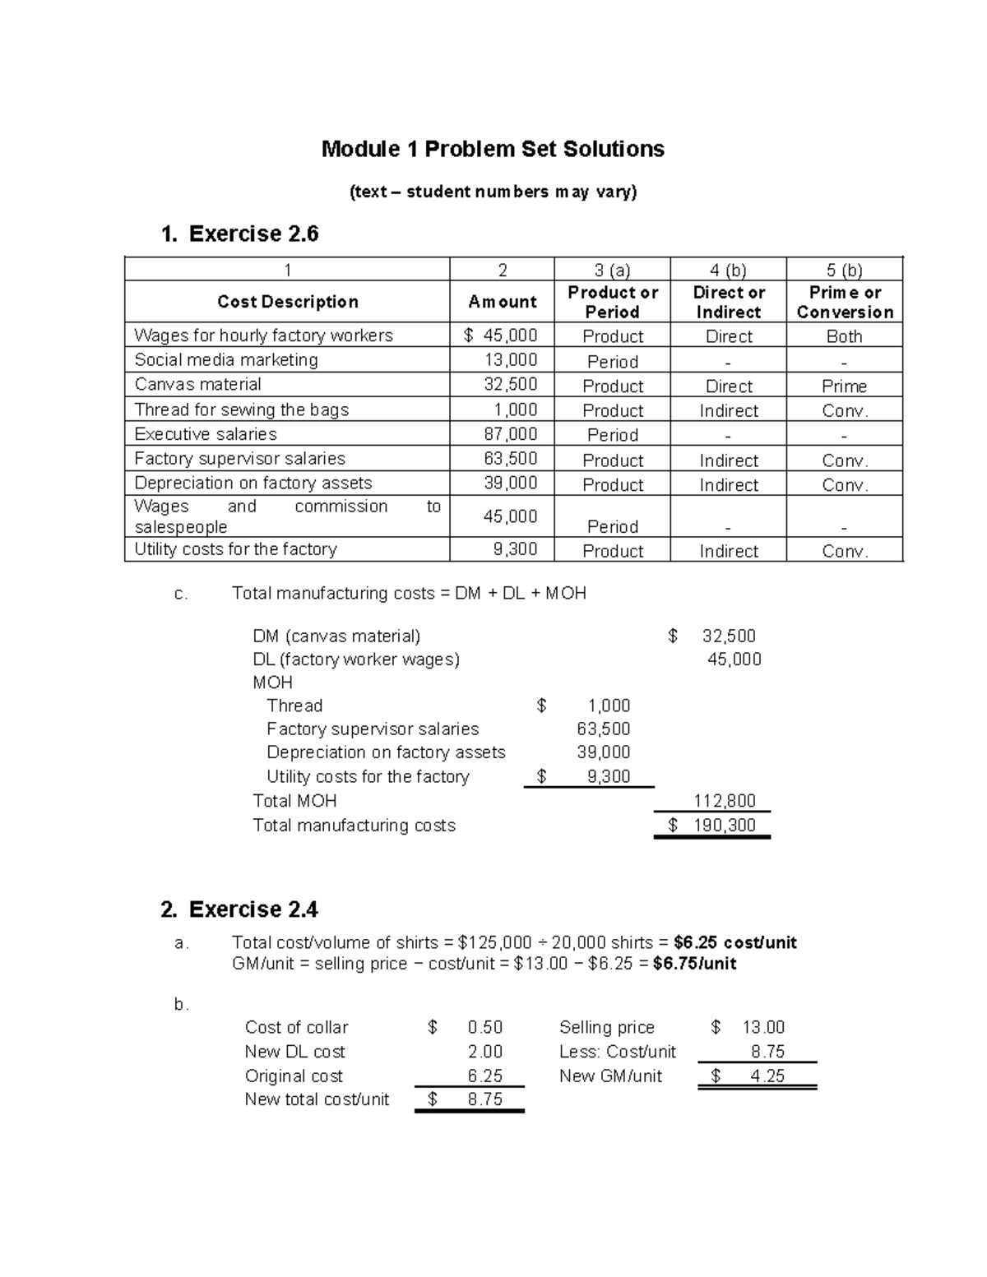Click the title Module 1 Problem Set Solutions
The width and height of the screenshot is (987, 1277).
[x=493, y=149]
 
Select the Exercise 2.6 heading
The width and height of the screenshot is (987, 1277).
[x=240, y=234]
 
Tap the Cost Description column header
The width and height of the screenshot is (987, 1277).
[x=287, y=302]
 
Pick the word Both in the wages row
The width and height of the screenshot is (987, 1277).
[x=844, y=336]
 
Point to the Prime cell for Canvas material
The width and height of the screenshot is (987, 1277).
[x=844, y=386]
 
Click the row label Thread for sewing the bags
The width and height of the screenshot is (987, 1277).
[x=241, y=409]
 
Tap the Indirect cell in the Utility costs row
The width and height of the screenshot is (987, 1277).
[x=728, y=551]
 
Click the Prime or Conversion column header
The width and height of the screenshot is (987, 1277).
[x=845, y=302]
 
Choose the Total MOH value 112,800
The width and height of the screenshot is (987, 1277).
[x=725, y=801]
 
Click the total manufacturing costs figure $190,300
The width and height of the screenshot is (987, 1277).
[x=712, y=826]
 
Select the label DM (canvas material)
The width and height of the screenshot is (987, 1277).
[x=336, y=636]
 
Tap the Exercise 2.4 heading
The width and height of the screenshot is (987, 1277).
[x=239, y=909]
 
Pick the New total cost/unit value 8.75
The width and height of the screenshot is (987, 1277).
[x=484, y=1099]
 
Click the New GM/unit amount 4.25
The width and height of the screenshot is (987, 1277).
[x=767, y=1076]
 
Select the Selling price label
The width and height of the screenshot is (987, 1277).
[x=606, y=1027]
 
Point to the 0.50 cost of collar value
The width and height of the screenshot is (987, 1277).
[x=484, y=1027]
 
